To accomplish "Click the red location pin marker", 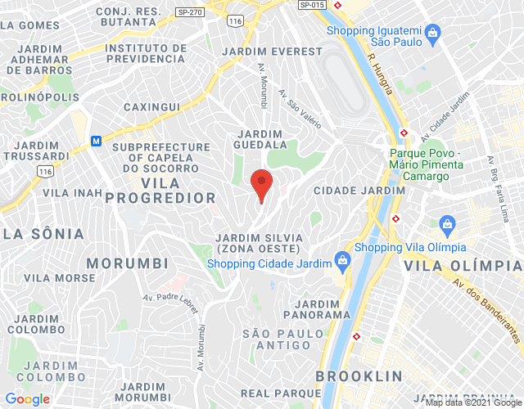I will [x=261, y=184].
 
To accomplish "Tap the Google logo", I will [x=28, y=399].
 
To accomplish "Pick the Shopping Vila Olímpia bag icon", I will [x=447, y=223].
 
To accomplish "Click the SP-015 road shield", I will [x=312, y=5].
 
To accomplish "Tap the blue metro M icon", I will [x=96, y=141].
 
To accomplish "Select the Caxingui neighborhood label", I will [x=151, y=107].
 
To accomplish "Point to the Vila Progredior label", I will [x=161, y=190].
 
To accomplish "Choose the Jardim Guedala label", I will [x=261, y=141].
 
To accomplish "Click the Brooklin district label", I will [x=359, y=376].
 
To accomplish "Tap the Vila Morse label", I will [x=59, y=278].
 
